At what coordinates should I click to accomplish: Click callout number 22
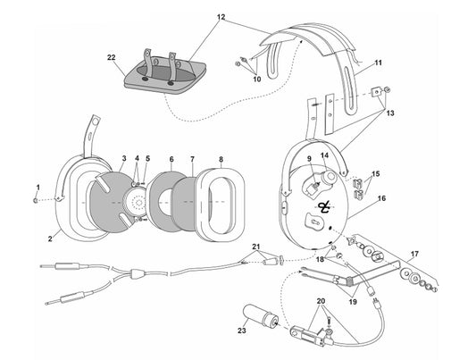coord(112,57)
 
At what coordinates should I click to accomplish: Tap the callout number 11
coord(378,63)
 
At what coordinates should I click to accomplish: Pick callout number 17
coord(413,254)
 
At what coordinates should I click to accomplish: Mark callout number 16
coord(381,201)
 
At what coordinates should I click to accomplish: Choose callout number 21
coord(255,246)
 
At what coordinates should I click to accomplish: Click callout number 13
coord(390,114)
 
